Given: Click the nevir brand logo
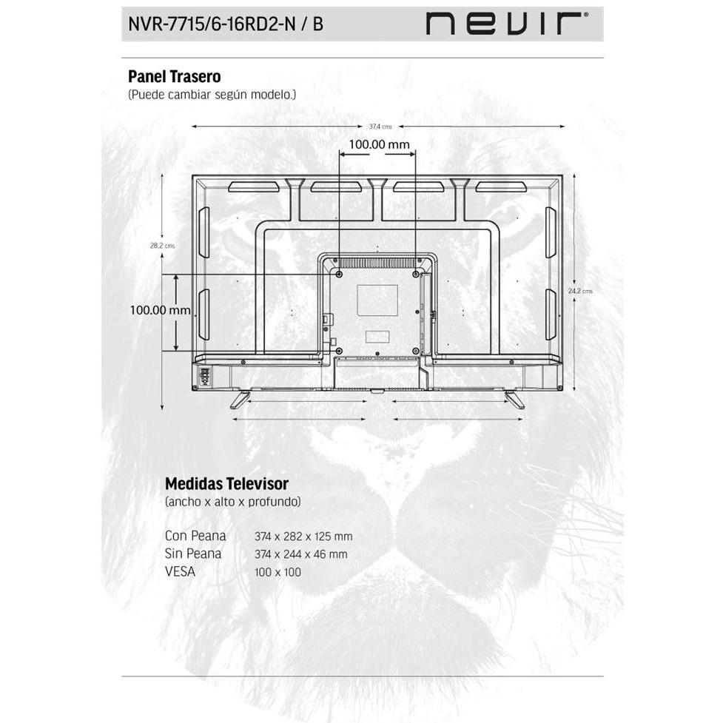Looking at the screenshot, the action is tap(507, 24).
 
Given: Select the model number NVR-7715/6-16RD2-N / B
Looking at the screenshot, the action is tap(226, 24).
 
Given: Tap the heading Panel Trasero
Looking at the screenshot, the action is tap(175, 76).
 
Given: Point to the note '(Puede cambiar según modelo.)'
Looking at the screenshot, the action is tap(212, 95).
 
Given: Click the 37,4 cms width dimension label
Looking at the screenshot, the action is tap(380, 127).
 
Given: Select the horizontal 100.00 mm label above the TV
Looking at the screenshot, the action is tap(379, 144).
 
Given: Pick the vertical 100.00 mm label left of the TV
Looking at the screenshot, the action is tap(160, 310).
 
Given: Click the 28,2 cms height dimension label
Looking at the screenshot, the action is tap(162, 246).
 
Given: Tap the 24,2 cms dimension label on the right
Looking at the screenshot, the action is tap(580, 291).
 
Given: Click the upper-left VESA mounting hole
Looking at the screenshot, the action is tap(340, 275).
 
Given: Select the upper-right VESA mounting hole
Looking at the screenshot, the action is tap(416, 275).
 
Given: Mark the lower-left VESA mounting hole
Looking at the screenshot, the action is tap(340, 352).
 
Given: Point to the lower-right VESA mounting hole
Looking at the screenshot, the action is tap(416, 352).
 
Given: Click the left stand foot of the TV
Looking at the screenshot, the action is tap(240, 400).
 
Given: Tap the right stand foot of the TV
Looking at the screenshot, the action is tap(514, 400).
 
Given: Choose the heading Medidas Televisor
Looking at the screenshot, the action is tap(226, 484).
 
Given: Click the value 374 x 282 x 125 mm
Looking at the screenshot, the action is tap(303, 537).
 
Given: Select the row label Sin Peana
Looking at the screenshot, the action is tap(193, 554).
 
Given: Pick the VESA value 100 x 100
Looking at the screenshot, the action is tap(278, 572).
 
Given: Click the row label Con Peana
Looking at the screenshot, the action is tap(195, 536).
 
